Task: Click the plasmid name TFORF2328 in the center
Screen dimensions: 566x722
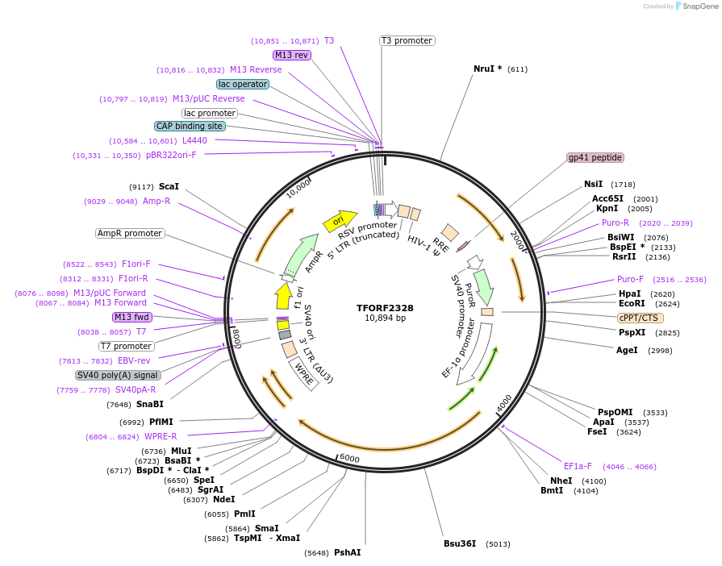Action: click(385, 308)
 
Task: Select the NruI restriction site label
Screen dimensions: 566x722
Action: click(487, 69)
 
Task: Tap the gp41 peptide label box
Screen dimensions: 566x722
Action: click(595, 158)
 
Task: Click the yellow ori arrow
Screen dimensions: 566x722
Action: click(340, 220)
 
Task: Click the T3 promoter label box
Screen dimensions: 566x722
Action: click(407, 40)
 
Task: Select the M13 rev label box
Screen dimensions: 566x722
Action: click(291, 55)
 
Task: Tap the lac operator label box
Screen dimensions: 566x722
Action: click(242, 84)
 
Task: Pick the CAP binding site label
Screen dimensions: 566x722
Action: click(190, 126)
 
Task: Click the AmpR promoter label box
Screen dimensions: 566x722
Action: click(129, 234)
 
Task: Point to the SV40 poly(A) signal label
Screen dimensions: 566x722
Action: click(118, 375)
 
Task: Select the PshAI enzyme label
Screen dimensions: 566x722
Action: click(347, 553)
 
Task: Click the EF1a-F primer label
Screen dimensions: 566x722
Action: click(578, 466)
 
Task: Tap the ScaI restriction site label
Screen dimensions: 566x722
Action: click(169, 186)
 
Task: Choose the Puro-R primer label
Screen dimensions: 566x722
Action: click(615, 223)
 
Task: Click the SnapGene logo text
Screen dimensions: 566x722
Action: click(699, 6)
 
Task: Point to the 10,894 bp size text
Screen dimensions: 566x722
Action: click(385, 318)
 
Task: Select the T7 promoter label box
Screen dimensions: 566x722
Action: click(126, 346)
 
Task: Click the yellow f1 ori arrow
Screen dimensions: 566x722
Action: click(283, 296)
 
